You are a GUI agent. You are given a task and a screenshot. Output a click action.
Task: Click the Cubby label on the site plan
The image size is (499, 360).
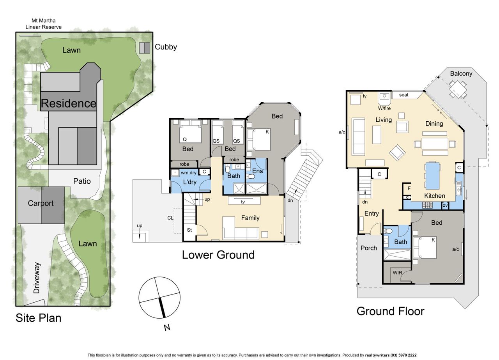click(166, 47)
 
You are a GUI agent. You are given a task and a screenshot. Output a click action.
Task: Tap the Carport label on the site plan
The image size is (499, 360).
click(41, 203)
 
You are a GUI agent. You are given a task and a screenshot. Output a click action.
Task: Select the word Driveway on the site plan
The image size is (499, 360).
click(37, 278)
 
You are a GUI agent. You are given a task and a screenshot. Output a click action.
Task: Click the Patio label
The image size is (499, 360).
click(82, 181)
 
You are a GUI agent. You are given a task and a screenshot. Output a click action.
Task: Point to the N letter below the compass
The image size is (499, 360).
click(167, 327)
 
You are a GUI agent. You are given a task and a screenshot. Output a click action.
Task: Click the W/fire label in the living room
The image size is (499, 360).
click(384, 108)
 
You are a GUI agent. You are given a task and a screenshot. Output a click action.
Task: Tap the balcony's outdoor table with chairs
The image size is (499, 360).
click(458, 89)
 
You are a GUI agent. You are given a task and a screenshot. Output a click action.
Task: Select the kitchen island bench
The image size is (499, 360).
click(433, 176)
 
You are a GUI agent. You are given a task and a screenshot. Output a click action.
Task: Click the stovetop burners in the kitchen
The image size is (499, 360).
click(428, 205)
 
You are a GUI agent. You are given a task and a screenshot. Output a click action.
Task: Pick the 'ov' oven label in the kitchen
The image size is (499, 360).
click(445, 205)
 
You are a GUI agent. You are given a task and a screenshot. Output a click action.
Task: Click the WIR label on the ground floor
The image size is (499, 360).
click(397, 272)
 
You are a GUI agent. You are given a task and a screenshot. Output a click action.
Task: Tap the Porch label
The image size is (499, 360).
click(369, 248)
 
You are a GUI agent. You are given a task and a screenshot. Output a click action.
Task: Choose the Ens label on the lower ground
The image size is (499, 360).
click(258, 171)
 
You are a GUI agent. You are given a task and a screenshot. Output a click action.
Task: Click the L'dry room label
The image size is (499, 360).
click(190, 182)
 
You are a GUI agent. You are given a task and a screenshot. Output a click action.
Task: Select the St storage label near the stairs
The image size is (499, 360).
click(189, 230)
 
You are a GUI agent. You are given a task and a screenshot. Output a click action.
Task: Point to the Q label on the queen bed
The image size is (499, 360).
click(185, 140)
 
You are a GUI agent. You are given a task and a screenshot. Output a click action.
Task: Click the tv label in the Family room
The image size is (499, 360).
click(243, 202)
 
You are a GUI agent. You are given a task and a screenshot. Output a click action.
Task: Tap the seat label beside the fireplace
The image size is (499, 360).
click(403, 95)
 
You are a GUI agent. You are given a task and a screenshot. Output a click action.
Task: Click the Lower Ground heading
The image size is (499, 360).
click(218, 255)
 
